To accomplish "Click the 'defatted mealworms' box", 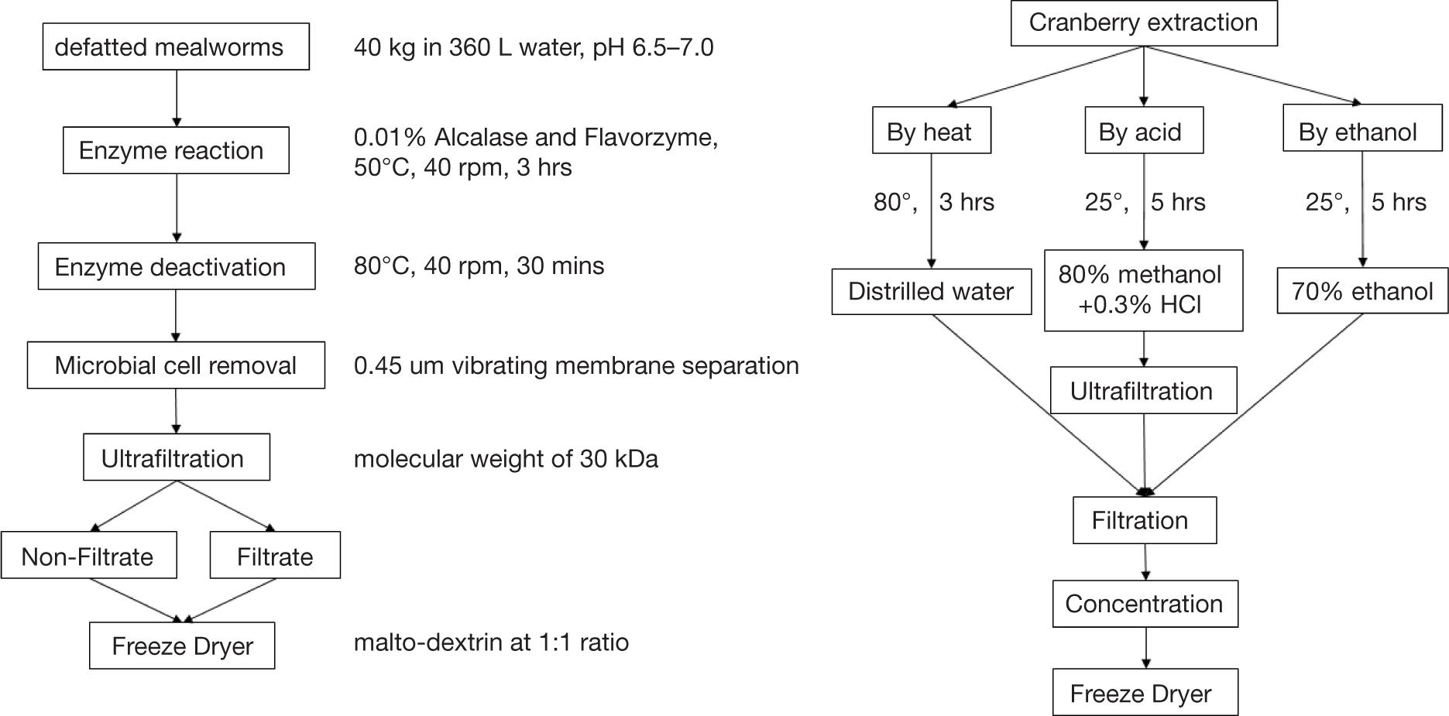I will click(176, 47).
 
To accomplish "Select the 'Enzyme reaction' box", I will click(176, 150).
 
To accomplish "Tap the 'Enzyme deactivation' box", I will click(177, 266).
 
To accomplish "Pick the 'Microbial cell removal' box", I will click(176, 365).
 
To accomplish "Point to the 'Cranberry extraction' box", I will click(1143, 23).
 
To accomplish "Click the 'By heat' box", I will click(931, 131).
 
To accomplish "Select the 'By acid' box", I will click(1143, 131).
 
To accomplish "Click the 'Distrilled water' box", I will click(931, 291).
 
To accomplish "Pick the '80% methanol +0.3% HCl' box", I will click(1143, 290).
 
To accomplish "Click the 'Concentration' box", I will click(1145, 604).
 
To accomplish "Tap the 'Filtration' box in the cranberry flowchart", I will click(1144, 520).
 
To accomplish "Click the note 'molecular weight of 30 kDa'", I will click(506, 459).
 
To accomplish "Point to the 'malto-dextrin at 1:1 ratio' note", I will click(491, 642).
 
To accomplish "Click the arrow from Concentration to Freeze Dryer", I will click(1145, 648).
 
